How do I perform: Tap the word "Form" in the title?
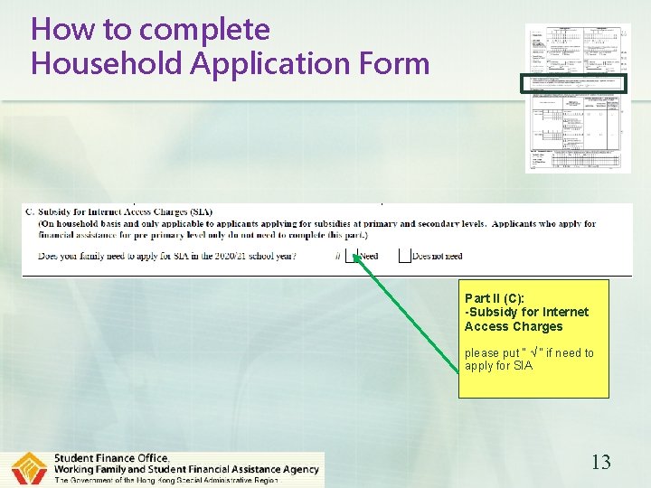click(392, 64)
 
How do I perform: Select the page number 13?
click(600, 463)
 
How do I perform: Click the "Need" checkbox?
click(352, 256)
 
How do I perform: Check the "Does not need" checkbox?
click(404, 256)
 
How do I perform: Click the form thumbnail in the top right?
click(578, 98)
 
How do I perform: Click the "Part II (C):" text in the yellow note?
click(494, 298)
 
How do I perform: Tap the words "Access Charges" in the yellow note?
click(513, 326)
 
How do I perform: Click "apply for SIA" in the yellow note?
click(498, 366)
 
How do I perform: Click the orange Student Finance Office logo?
click(29, 469)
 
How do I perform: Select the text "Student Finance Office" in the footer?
click(111, 458)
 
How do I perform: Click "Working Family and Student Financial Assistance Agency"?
click(186, 469)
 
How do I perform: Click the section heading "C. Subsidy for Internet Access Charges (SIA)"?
click(119, 212)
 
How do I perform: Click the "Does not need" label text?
click(437, 257)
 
